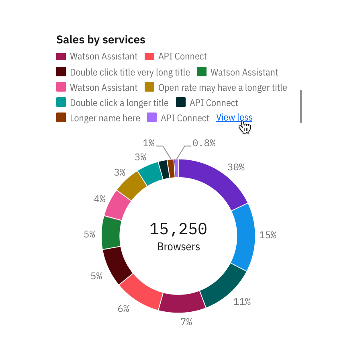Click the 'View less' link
[x=234, y=118]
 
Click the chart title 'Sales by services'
[x=101, y=40]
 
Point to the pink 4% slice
[x=117, y=205]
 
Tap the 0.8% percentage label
[x=204, y=143]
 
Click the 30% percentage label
[x=236, y=168]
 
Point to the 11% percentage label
[x=242, y=302]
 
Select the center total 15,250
[x=178, y=229]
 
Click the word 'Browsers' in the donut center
[x=178, y=247]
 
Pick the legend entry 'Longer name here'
[x=105, y=118]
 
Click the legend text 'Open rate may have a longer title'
[x=223, y=88]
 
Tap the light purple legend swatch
[x=151, y=118]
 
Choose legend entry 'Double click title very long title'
[x=130, y=72]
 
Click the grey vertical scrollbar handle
[x=301, y=106]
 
